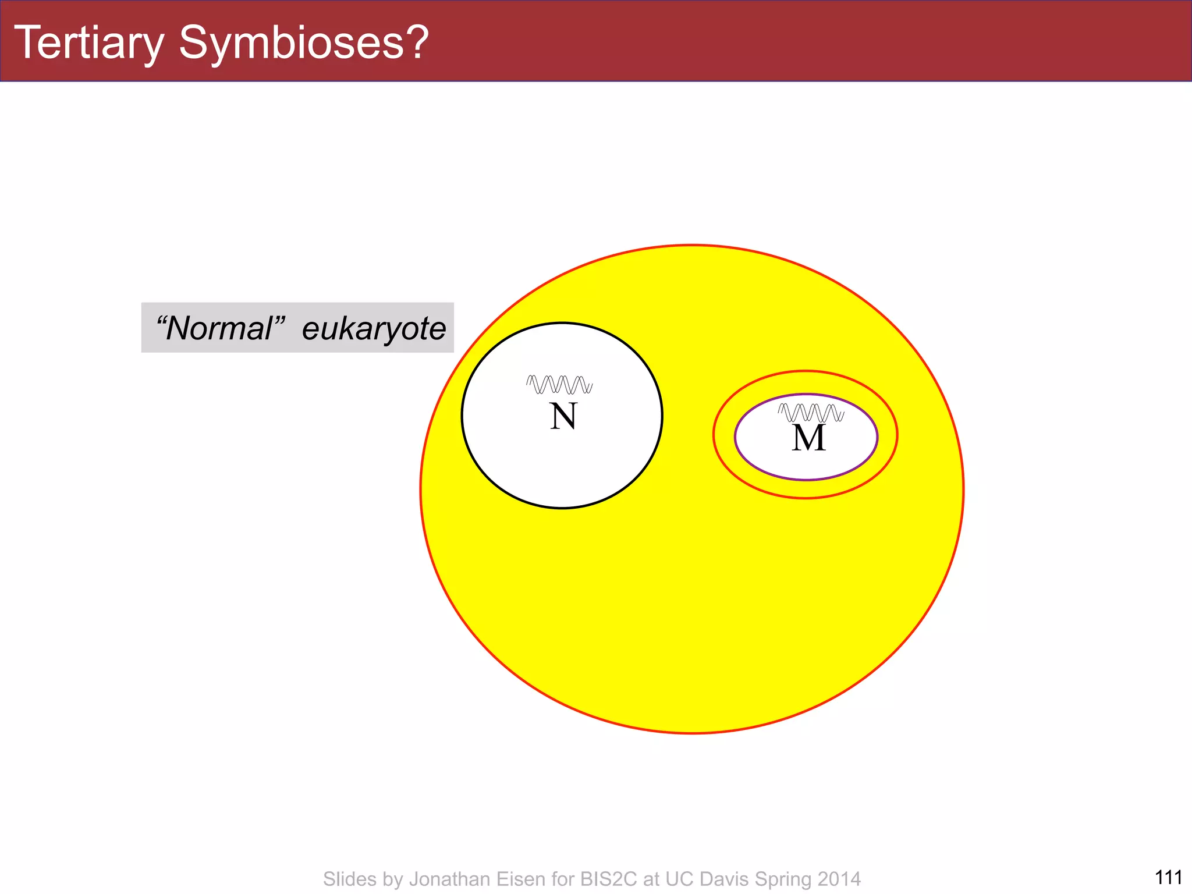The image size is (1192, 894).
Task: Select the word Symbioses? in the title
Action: click(x=304, y=42)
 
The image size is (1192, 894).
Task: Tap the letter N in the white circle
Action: click(x=563, y=417)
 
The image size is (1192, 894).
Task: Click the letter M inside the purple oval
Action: click(x=808, y=438)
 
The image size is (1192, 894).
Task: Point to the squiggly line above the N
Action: click(x=559, y=385)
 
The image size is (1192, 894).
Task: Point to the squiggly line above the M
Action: click(x=811, y=413)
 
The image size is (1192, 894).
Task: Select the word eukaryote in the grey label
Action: click(x=374, y=329)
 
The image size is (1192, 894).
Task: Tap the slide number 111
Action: click(x=1168, y=877)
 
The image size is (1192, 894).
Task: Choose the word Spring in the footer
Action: click(x=783, y=879)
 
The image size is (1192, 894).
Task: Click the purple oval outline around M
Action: click(x=735, y=437)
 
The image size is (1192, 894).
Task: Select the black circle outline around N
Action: click(x=462, y=416)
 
